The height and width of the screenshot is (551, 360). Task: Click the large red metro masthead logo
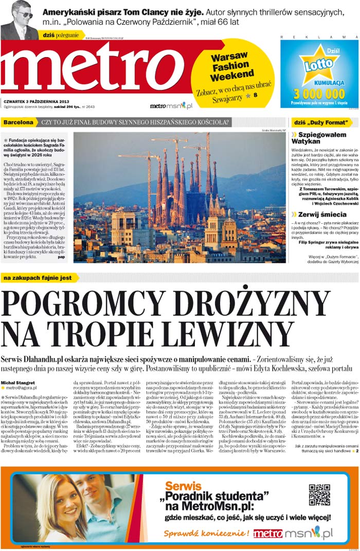(98, 69)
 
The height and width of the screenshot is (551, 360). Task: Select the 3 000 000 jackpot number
(319, 93)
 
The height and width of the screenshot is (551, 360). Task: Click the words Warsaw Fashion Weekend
(229, 67)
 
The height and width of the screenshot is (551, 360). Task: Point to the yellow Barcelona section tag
(19, 122)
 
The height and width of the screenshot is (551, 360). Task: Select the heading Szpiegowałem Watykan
(320, 137)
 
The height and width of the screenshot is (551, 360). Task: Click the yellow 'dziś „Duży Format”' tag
(322, 122)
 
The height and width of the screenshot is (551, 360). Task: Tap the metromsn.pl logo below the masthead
(171, 105)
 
